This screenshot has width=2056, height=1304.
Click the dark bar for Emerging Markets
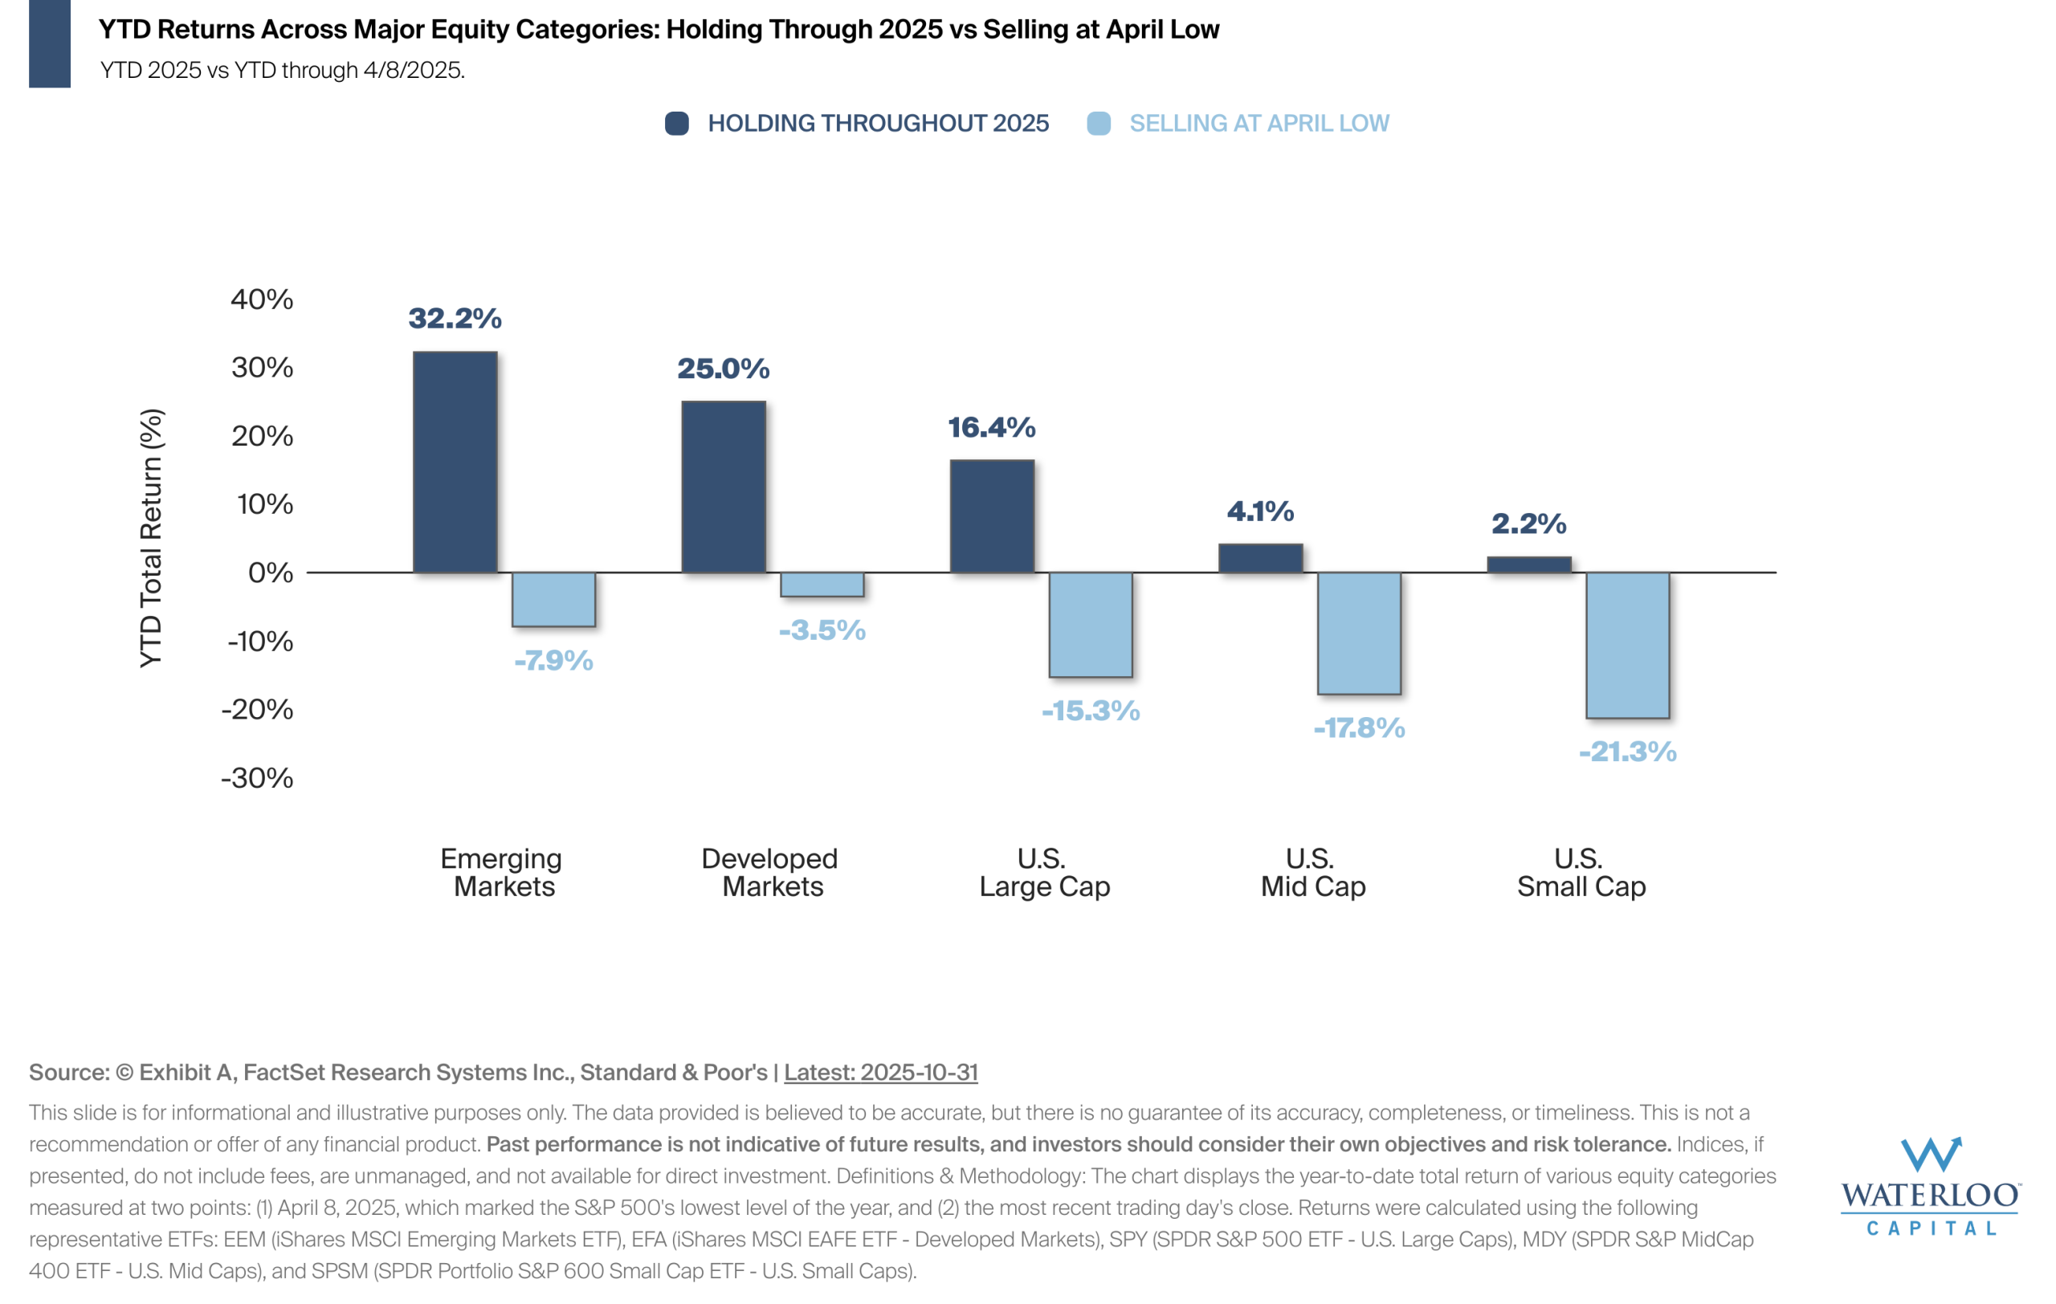[x=455, y=462]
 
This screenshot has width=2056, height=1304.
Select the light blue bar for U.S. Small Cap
[x=1627, y=644]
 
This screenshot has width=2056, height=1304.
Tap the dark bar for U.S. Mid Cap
[x=1260, y=558]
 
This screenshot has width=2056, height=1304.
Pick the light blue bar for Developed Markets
[x=822, y=585]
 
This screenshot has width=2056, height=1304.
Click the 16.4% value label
[x=991, y=426]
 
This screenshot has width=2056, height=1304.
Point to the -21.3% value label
[x=1627, y=751]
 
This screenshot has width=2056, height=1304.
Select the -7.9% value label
[x=553, y=660]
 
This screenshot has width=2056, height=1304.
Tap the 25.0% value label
[x=723, y=368]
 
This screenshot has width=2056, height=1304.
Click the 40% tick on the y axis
[x=261, y=299]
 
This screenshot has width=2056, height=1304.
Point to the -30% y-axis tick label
[x=257, y=777]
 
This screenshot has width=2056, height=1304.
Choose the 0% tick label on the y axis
[x=270, y=572]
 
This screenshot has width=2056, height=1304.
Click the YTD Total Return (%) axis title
[x=151, y=538]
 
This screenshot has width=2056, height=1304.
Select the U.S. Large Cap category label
[x=1044, y=872]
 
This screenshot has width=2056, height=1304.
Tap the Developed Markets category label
[x=770, y=872]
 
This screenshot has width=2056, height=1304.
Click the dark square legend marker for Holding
[x=677, y=124]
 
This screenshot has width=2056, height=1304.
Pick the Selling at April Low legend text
[x=1258, y=124]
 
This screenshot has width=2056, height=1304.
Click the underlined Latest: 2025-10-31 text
[x=880, y=1072]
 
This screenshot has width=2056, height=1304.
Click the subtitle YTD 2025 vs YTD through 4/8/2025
[x=283, y=70]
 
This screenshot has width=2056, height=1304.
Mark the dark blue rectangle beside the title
[x=50, y=43]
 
